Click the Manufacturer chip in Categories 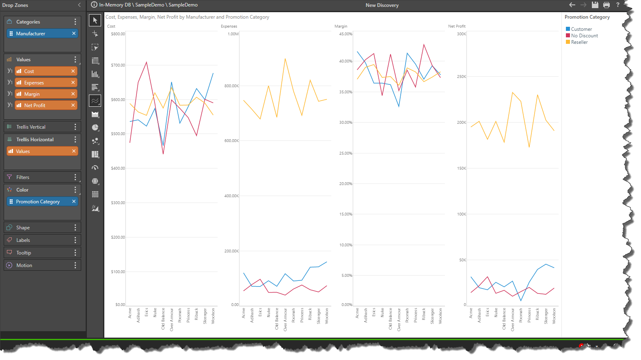(x=41, y=34)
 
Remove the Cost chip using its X (x=73, y=71)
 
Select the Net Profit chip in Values (x=41, y=106)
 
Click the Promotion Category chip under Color (x=41, y=202)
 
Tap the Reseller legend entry (x=579, y=42)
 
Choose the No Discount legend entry (x=584, y=36)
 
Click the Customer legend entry (x=581, y=29)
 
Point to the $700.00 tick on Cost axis (x=118, y=65)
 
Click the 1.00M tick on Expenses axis (x=233, y=34)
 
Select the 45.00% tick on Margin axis (x=345, y=34)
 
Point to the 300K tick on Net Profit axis (x=462, y=34)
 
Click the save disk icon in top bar (x=595, y=5)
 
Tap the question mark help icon (x=618, y=5)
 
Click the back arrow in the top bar (x=572, y=5)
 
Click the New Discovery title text (x=382, y=5)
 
